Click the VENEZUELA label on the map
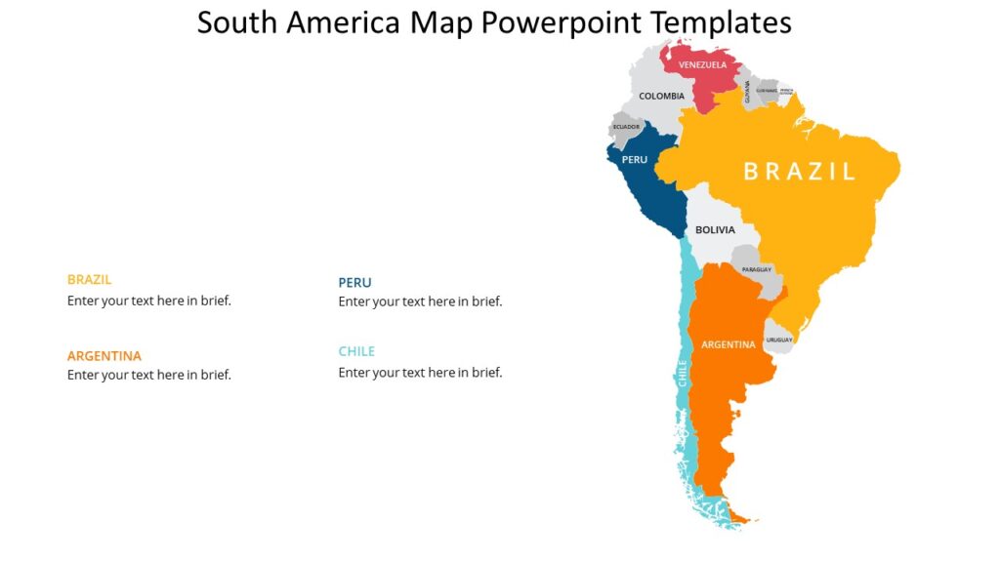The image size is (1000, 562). point(703,65)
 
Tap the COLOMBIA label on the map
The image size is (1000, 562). point(661,96)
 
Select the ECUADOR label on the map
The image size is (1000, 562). point(626,127)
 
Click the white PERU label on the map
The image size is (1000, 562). point(634,159)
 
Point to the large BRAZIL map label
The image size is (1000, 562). point(799,172)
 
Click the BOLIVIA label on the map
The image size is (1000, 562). point(715,230)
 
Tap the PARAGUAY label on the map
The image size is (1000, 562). point(757,269)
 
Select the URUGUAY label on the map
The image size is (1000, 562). point(779,340)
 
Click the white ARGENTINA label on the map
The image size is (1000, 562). point(729,344)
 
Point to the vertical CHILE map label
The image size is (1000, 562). point(683,374)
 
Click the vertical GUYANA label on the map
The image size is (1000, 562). point(748,92)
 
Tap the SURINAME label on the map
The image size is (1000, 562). point(767,91)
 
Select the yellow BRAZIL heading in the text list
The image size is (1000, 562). point(89,279)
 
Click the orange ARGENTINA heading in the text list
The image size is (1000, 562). point(104,356)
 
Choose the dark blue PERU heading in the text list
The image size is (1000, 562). point(354,283)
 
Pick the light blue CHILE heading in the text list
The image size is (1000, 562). point(356,351)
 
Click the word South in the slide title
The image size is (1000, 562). point(235,21)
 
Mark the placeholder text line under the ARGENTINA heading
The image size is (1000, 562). point(149,375)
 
